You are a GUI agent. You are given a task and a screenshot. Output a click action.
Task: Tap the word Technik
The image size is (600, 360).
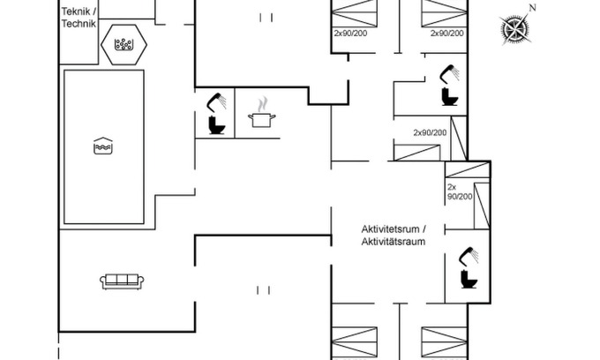point(78,24)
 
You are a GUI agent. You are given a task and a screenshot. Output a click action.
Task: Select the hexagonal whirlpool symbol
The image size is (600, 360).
point(123,43)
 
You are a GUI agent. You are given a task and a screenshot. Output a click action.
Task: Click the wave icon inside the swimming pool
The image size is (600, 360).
point(103,146)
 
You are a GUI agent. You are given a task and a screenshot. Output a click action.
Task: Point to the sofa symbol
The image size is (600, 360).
point(122,281)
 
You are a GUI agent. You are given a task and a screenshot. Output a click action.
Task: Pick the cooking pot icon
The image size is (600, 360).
point(260,119)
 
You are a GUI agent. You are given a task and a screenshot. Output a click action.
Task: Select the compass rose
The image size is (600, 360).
point(514,29)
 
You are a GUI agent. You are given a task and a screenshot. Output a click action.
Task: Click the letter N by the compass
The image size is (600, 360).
point(532,8)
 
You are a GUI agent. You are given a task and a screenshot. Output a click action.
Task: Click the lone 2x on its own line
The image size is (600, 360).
point(452,187)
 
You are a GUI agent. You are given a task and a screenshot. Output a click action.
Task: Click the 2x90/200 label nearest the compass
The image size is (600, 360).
point(446,33)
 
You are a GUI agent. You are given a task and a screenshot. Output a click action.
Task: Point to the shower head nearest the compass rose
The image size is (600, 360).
point(450,70)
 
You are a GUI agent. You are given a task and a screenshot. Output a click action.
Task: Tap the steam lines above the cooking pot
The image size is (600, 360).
point(261,104)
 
